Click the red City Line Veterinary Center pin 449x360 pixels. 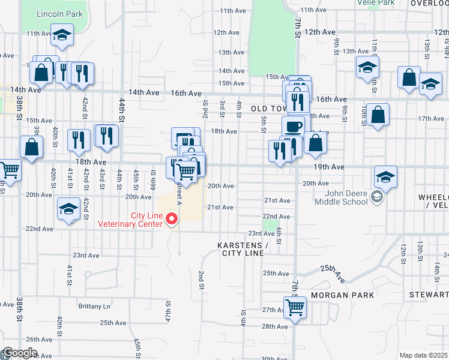(173, 219)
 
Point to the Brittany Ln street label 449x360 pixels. (94, 306)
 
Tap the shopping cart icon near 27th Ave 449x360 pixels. (295, 307)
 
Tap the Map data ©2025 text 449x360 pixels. (423, 355)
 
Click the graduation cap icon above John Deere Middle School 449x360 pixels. (385, 177)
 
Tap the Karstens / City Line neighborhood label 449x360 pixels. (243, 250)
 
